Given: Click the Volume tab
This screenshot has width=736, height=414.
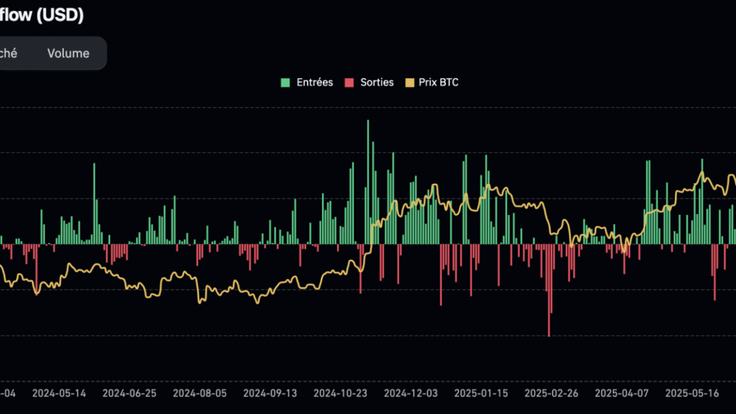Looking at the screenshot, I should pyautogui.click(x=68, y=53).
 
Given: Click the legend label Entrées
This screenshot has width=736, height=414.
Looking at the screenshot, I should pyautogui.click(x=314, y=82).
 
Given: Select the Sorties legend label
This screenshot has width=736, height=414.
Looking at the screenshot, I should pyautogui.click(x=377, y=82).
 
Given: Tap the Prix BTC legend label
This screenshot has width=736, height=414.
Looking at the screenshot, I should pyautogui.click(x=438, y=82).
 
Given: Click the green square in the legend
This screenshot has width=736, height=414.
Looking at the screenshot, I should pyautogui.click(x=285, y=83).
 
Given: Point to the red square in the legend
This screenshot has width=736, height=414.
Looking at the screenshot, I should pyautogui.click(x=349, y=83).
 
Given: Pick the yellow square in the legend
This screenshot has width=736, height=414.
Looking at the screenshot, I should pyautogui.click(x=409, y=83).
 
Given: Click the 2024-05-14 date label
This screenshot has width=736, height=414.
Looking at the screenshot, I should pyautogui.click(x=59, y=393).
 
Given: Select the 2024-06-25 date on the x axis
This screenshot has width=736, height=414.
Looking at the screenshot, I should pyautogui.click(x=129, y=393).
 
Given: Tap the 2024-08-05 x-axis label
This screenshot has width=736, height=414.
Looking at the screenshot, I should pyautogui.click(x=199, y=393).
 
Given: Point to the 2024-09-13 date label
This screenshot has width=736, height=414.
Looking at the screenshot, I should pyautogui.click(x=270, y=393).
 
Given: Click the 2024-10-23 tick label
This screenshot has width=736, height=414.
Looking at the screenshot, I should pyautogui.click(x=340, y=393).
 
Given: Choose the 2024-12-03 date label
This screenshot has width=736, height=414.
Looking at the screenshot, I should pyautogui.click(x=411, y=393).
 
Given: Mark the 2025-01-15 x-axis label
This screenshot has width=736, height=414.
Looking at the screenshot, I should pyautogui.click(x=481, y=393).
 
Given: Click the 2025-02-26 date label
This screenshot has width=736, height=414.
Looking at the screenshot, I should pyautogui.click(x=551, y=393).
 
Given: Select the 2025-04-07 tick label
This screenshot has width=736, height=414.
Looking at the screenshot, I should pyautogui.click(x=622, y=393).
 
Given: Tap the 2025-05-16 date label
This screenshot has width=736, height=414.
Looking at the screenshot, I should pyautogui.click(x=692, y=393).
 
